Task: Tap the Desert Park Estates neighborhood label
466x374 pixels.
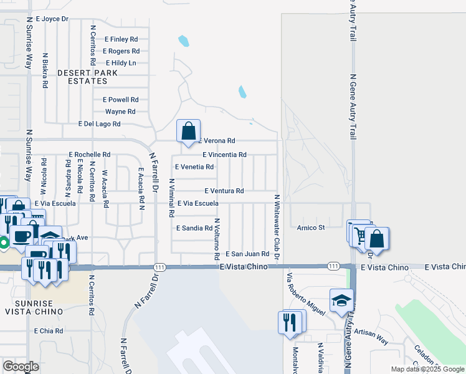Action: tap(87, 77)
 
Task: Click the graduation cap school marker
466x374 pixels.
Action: tap(341, 302)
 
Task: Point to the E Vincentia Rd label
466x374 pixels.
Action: tap(225, 155)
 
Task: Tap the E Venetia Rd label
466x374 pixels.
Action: tap(194, 167)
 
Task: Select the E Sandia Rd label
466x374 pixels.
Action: tap(195, 228)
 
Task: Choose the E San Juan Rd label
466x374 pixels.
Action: tap(247, 254)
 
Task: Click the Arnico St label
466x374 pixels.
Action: tap(311, 228)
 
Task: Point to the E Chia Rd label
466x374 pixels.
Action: tap(49, 331)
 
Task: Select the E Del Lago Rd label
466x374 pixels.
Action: tap(100, 124)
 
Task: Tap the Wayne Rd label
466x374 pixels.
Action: tap(120, 112)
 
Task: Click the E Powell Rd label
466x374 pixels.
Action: tap(120, 100)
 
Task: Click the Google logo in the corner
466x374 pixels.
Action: tap(21, 366)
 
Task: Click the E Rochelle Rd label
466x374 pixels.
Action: tap(90, 154)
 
